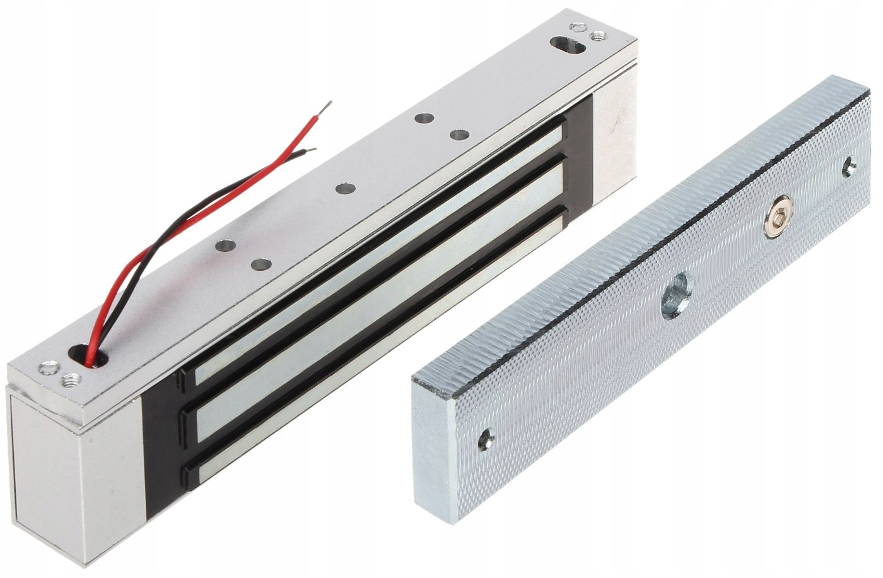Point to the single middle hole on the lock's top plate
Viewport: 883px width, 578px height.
pyautogui.click(x=344, y=189)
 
